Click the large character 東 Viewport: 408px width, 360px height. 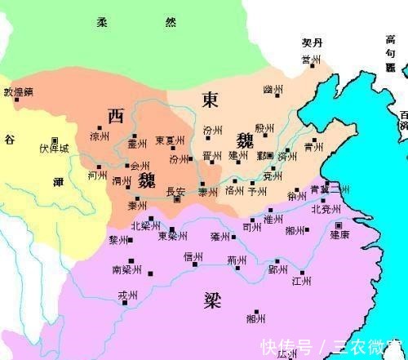(x=210, y=99)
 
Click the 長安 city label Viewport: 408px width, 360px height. (x=175, y=192)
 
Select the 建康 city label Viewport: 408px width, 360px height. (x=339, y=234)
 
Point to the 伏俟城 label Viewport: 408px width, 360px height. (x=55, y=149)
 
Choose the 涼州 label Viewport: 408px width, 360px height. (x=99, y=137)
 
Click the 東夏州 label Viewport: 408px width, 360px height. (x=170, y=140)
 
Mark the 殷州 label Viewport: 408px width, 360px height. (x=264, y=128)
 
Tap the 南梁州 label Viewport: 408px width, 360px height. (x=128, y=269)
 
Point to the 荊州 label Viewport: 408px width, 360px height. (x=237, y=261)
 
